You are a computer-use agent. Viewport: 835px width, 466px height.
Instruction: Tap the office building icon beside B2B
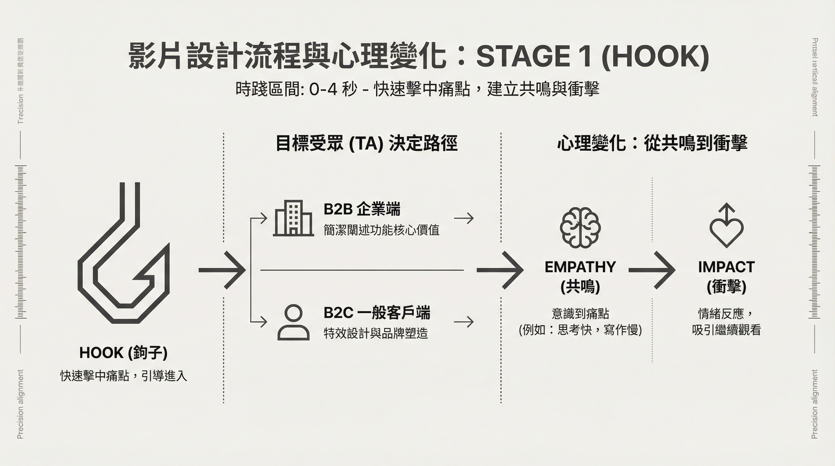tap(293, 218)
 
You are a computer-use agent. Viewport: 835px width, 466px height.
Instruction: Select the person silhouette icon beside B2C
tap(294, 322)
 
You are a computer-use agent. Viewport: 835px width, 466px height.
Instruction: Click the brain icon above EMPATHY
tap(580, 228)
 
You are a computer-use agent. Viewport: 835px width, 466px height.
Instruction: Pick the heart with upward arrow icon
tap(726, 225)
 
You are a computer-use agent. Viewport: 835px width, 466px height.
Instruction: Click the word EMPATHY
tap(580, 267)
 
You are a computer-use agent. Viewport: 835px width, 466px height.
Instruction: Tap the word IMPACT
tap(726, 267)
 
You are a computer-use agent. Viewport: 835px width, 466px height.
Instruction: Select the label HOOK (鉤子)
tap(124, 353)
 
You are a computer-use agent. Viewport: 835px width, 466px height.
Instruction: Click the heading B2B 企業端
tap(362, 209)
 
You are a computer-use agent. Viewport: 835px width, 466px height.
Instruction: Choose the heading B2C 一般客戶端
tap(377, 312)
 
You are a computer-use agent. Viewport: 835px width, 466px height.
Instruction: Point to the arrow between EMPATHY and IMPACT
tap(652, 271)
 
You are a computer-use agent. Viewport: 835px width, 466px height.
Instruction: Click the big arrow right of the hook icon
tap(222, 270)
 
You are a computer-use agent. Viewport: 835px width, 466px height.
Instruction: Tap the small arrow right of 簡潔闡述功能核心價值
tap(464, 218)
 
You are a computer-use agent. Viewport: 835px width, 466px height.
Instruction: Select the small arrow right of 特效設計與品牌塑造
tap(464, 322)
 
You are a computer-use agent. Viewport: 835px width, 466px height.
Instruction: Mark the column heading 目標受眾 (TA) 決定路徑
tap(366, 143)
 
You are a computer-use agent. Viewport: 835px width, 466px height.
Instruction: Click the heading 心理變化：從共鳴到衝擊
tap(652, 143)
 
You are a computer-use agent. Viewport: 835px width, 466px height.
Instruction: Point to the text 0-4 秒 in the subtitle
tap(333, 89)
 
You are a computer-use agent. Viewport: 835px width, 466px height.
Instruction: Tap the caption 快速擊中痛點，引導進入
tap(124, 376)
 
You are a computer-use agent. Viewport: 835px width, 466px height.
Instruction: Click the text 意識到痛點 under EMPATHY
tap(580, 313)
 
